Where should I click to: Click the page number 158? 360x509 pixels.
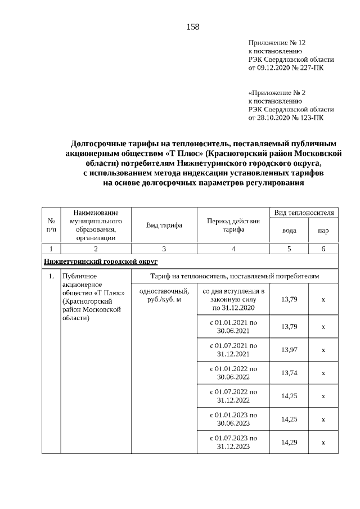192,26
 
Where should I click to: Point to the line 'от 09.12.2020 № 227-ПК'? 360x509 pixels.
286,67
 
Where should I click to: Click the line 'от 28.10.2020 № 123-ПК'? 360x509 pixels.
286,118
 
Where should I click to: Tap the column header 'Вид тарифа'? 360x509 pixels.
164,226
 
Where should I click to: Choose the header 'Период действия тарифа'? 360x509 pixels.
233,226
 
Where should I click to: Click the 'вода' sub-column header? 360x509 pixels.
289,231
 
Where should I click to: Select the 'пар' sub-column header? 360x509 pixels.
323,231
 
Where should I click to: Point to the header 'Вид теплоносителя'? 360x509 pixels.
304,213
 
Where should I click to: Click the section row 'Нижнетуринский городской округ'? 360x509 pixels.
101,262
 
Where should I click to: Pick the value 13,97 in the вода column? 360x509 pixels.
289,350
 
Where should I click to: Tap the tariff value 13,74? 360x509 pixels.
289,373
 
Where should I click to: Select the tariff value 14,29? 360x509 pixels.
289,443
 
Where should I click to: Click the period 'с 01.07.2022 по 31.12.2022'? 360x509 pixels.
233,396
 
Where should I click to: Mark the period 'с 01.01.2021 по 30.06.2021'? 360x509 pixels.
233,327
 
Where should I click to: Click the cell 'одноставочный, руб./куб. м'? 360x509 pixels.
164,295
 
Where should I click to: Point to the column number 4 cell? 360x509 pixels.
233,249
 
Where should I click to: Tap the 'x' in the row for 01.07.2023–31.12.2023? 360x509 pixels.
323,443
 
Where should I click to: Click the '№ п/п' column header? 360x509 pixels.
51,226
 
